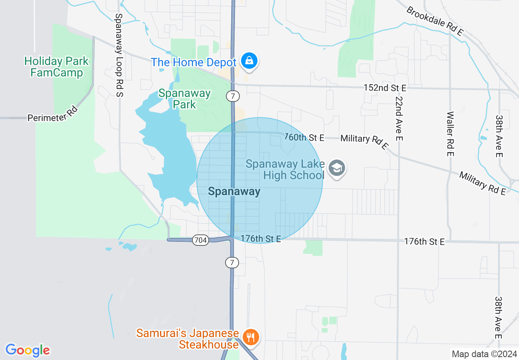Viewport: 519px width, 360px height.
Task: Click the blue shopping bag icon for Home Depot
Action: pyautogui.click(x=248, y=61)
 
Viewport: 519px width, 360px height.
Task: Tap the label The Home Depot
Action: pyautogui.click(x=194, y=63)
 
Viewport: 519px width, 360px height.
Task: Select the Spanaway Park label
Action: pyautogui.click(x=185, y=99)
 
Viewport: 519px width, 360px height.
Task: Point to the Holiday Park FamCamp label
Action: pyautogui.click(x=56, y=67)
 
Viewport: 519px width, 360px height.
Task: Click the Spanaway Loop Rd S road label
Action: pyautogui.click(x=119, y=55)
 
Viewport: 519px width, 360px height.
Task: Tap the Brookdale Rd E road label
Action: pyautogui.click(x=435, y=21)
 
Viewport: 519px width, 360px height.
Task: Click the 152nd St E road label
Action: pyautogui.click(x=385, y=88)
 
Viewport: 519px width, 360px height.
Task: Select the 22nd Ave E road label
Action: pyautogui.click(x=399, y=119)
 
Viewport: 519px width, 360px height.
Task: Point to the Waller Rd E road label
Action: pyautogui.click(x=450, y=134)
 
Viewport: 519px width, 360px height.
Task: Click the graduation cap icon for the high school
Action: pyautogui.click(x=338, y=169)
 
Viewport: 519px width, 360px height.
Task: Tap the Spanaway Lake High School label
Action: pyautogui.click(x=286, y=170)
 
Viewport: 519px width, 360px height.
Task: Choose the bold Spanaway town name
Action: pyautogui.click(x=234, y=191)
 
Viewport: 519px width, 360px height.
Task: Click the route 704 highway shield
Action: pyautogui.click(x=201, y=240)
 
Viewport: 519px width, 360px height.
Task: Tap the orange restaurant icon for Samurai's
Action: pyautogui.click(x=250, y=337)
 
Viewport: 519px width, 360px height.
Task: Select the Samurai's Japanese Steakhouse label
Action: pyautogui.click(x=187, y=339)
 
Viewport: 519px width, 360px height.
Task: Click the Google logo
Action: pyautogui.click(x=27, y=350)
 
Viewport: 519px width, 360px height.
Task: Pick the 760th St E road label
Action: pyautogui.click(x=304, y=138)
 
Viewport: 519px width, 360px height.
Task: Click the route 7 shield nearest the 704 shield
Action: pyautogui.click(x=232, y=263)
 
